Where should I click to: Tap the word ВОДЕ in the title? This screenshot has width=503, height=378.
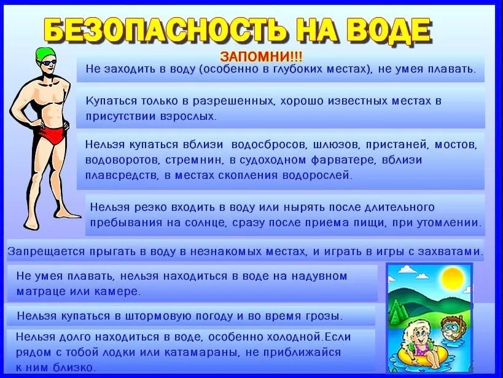tap(390, 31)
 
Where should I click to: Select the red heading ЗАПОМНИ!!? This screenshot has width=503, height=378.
tap(261, 57)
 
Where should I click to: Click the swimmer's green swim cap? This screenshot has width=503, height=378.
tap(45, 55)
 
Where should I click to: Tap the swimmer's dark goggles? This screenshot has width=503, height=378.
tap(49, 63)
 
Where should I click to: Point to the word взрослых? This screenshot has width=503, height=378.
tap(187, 116)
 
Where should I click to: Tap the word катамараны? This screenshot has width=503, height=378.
tap(202, 352)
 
